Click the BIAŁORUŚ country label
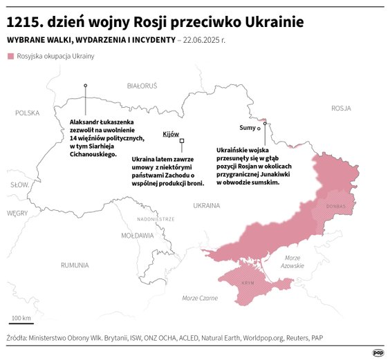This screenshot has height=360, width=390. [x=142, y=86]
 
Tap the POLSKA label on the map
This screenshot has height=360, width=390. [x=28, y=113]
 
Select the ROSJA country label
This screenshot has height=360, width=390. [x=341, y=108]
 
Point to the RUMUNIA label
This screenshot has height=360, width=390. [x=74, y=265]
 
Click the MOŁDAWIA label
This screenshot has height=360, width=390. [x=137, y=236]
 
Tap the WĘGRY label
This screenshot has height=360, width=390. [x=17, y=214]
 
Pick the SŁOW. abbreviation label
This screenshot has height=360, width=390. [x=19, y=185]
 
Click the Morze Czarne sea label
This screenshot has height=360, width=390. [x=200, y=298]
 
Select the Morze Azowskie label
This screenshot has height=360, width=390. [x=292, y=262]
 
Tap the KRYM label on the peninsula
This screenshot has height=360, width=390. [x=248, y=284]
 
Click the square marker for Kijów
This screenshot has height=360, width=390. [x=182, y=141]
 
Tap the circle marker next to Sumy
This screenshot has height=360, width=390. [x=259, y=129]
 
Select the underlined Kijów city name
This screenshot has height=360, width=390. [x=171, y=133]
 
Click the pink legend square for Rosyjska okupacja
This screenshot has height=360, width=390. [x=10, y=56]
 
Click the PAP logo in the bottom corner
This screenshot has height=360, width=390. [x=378, y=352]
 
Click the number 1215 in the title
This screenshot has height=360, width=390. [x=24, y=22]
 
